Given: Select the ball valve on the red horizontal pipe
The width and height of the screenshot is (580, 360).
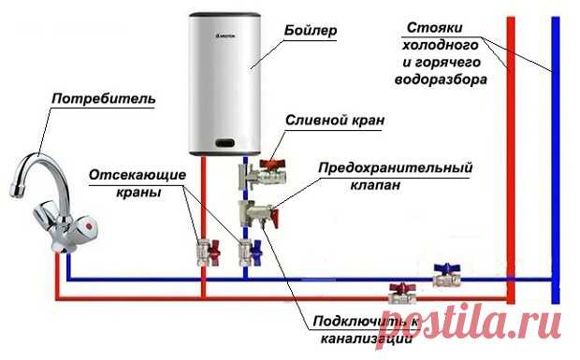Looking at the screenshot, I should (400, 295).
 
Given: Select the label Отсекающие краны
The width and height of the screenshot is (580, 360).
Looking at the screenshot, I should (131, 183).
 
